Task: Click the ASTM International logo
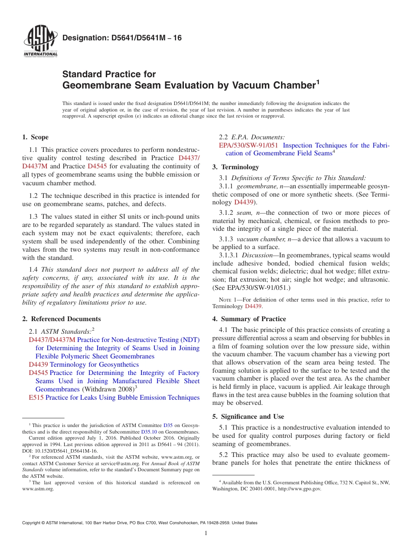click(40, 42)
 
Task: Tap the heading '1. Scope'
click(36, 137)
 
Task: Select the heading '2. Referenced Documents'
click(62, 319)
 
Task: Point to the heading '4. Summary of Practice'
click(249, 319)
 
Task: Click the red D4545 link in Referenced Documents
click(38, 373)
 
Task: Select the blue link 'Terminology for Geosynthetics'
click(95, 365)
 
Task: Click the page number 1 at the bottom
click(206, 533)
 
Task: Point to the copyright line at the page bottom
click(140, 523)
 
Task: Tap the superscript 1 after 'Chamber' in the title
click(318, 82)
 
